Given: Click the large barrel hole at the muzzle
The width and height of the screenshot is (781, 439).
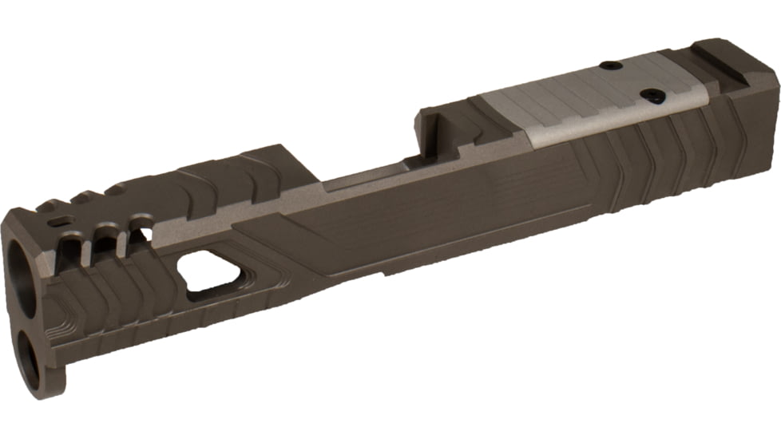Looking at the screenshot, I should pos(24,283).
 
